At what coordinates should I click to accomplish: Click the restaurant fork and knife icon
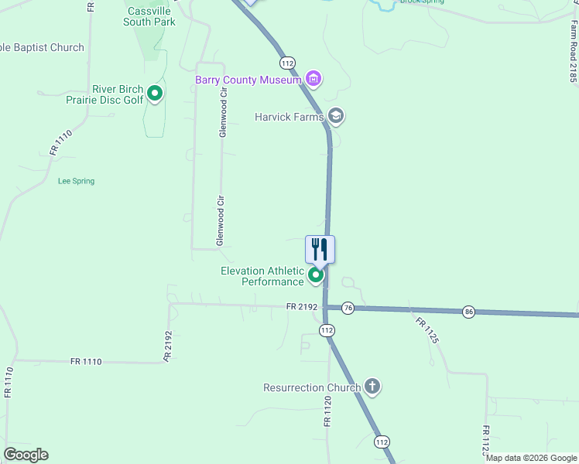tap(320, 249)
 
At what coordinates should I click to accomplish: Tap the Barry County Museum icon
tap(313, 78)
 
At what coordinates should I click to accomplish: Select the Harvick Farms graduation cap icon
tap(336, 117)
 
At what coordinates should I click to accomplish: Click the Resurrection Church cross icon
tap(372, 387)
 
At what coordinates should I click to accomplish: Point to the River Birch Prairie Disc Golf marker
tap(155, 94)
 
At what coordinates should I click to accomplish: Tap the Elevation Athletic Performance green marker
tap(316, 275)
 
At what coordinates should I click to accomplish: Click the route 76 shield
tap(348, 308)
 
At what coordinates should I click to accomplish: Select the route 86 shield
tap(469, 311)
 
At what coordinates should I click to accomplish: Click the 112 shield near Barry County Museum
tap(287, 63)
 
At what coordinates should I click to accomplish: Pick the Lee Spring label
tap(76, 181)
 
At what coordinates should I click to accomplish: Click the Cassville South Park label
tap(149, 15)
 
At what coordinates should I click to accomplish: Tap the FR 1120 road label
tap(327, 413)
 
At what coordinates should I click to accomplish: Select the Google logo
tap(26, 455)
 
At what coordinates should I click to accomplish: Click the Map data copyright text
tap(531, 458)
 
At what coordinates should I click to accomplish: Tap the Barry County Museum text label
tap(248, 79)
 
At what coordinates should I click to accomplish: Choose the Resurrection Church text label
tap(312, 388)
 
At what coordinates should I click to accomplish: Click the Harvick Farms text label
tap(289, 118)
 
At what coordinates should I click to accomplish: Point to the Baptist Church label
tap(42, 48)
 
